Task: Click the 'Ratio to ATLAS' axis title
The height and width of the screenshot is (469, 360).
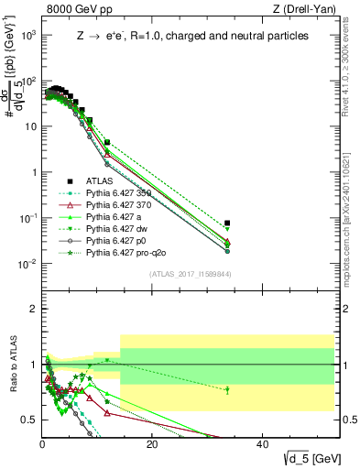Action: (x=12, y=365)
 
